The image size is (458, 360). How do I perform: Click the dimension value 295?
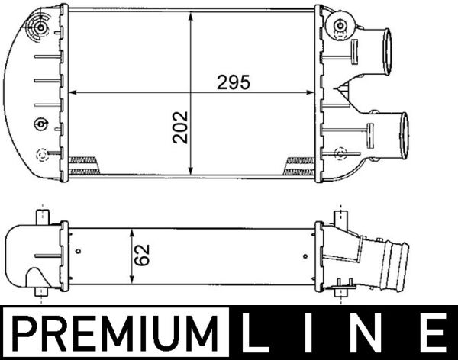tap(234, 83)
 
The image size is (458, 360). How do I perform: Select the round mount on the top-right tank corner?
tap(336, 26)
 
